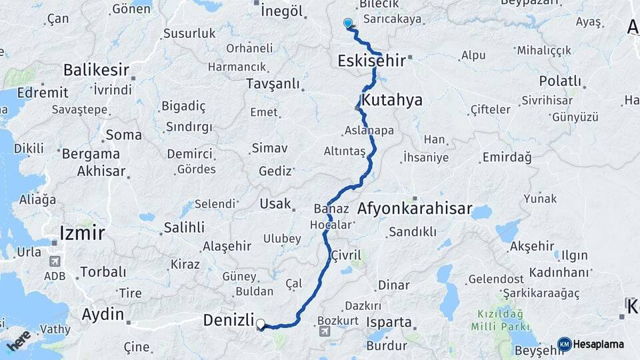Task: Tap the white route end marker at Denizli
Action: pyautogui.click(x=261, y=325)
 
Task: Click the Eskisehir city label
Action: pyautogui.click(x=371, y=61)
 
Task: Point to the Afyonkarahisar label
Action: pyautogui.click(x=415, y=209)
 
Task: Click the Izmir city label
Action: pyautogui.click(x=82, y=233)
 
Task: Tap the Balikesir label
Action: pyautogui.click(x=96, y=69)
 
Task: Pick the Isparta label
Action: pyautogui.click(x=389, y=322)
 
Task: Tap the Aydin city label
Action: pyautogui.click(x=103, y=314)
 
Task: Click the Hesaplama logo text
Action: pyautogui.click(x=599, y=344)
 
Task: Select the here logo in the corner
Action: pyautogui.click(x=19, y=341)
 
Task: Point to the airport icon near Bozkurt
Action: pyautogui.click(x=325, y=331)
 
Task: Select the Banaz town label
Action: pyautogui.click(x=331, y=209)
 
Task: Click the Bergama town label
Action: pyautogui.click(x=91, y=153)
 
